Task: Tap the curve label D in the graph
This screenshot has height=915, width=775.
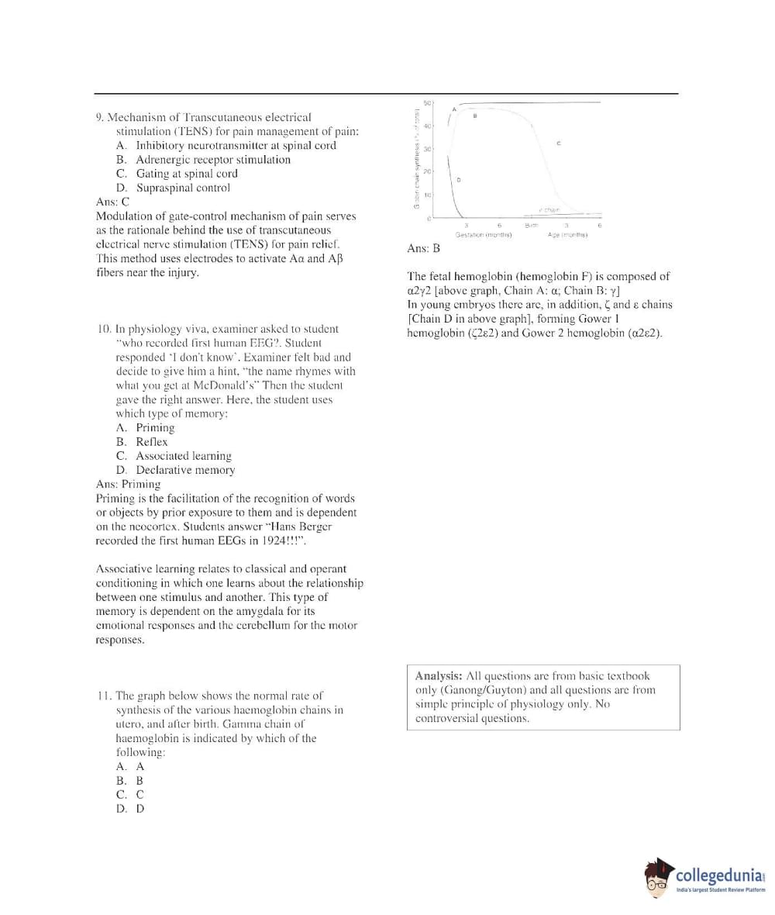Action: coord(458,180)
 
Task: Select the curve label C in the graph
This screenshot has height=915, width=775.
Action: coord(559,143)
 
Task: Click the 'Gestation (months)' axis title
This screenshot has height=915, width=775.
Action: coord(483,235)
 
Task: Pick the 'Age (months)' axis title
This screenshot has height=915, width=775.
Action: coord(568,235)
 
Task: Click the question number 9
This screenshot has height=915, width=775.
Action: coord(100,118)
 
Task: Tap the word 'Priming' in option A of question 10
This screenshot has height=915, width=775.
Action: coord(155,428)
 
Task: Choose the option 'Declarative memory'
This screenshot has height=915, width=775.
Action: coord(185,470)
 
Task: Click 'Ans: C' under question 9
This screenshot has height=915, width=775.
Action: coord(113,202)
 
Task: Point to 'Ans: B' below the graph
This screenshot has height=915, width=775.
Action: coord(423,249)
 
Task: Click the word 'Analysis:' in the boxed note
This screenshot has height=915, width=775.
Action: coord(439,676)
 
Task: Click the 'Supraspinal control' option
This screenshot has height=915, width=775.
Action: coord(183,188)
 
